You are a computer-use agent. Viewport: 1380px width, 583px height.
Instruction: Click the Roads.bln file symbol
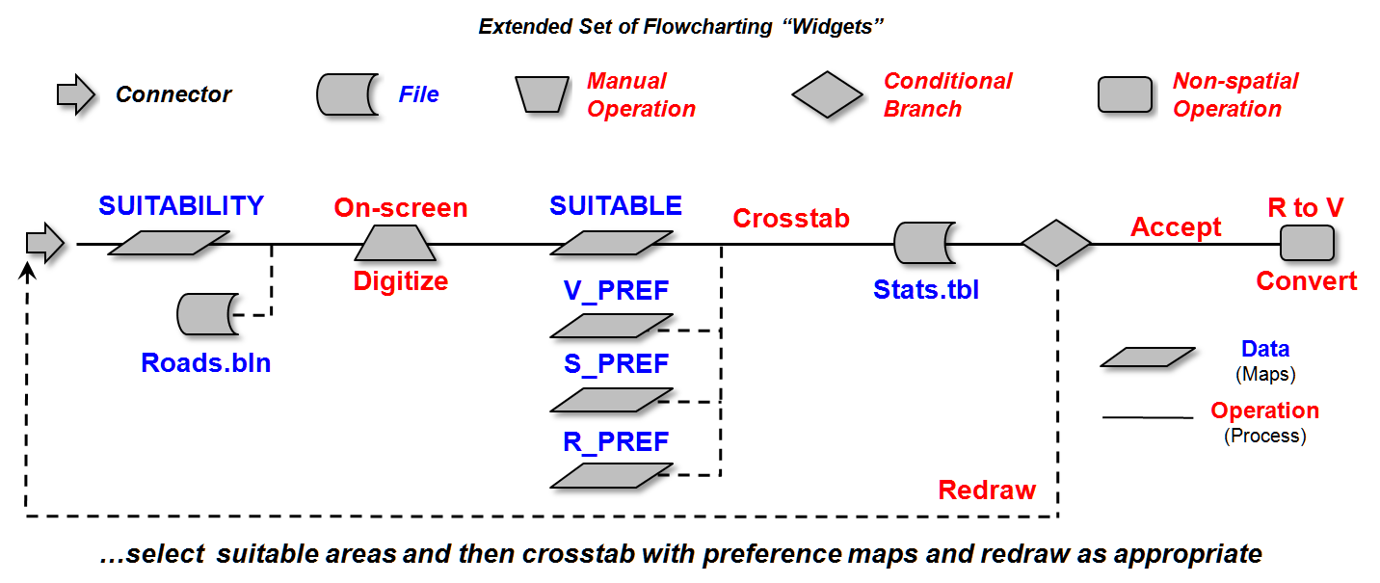click(207, 314)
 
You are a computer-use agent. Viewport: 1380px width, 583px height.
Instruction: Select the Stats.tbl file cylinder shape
click(924, 244)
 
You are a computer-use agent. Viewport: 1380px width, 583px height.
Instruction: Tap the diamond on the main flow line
click(1056, 244)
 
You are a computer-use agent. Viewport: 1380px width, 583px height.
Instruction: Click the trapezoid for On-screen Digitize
click(395, 244)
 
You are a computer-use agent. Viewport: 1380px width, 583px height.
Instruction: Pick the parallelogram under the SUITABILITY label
click(169, 244)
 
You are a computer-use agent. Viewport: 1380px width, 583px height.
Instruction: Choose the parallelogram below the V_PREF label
click(611, 326)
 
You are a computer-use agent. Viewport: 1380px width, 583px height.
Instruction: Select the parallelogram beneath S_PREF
click(611, 400)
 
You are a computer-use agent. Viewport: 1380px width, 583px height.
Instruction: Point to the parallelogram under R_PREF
click(611, 476)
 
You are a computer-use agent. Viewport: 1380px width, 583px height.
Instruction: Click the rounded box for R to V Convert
click(1307, 244)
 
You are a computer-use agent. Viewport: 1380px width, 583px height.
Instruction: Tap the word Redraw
click(987, 490)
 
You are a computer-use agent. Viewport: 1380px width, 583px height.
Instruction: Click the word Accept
click(1176, 227)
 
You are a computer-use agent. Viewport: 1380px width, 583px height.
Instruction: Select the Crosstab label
click(791, 219)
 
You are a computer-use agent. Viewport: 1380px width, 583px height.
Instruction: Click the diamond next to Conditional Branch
click(828, 94)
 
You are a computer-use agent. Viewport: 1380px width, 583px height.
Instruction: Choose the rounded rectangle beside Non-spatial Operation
click(1126, 95)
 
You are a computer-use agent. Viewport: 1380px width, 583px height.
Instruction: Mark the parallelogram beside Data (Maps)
click(1147, 358)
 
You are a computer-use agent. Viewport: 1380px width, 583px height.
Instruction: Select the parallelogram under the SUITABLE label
click(611, 244)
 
